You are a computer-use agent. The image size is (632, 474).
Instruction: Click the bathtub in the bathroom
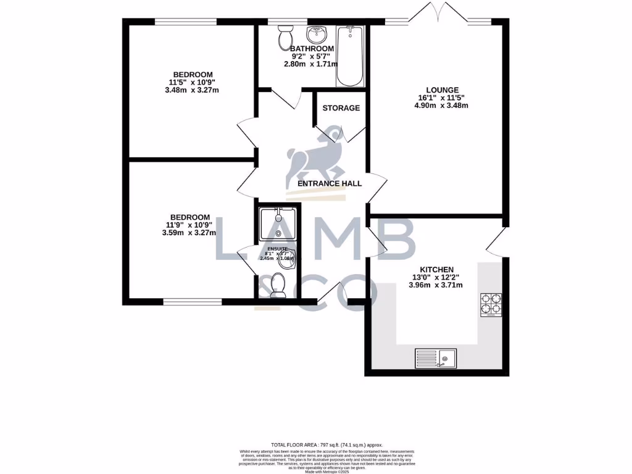(350, 56)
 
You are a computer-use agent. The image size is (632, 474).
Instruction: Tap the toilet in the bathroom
(286, 38)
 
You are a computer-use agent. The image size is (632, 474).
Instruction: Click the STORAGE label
(341, 108)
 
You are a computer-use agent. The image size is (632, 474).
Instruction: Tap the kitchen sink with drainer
(435, 358)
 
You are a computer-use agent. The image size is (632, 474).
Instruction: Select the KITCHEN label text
(437, 270)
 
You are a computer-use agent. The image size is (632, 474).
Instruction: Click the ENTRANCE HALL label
(330, 183)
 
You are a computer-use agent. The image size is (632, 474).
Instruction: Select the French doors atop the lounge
(437, 14)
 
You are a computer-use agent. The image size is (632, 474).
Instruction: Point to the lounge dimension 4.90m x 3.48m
(441, 105)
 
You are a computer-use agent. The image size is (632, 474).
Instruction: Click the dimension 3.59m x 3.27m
(189, 233)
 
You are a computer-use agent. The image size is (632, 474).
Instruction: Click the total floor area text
(327, 444)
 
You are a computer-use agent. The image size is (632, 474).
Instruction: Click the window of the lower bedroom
(193, 302)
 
